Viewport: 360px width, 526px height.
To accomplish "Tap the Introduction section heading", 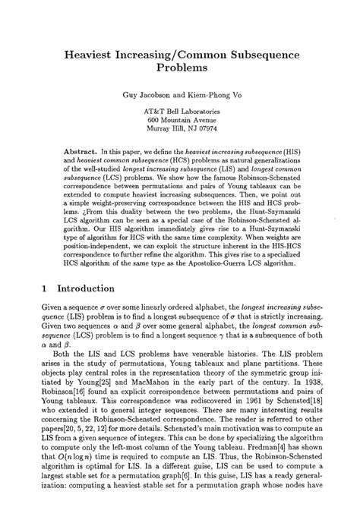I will click(x=78, y=288).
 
